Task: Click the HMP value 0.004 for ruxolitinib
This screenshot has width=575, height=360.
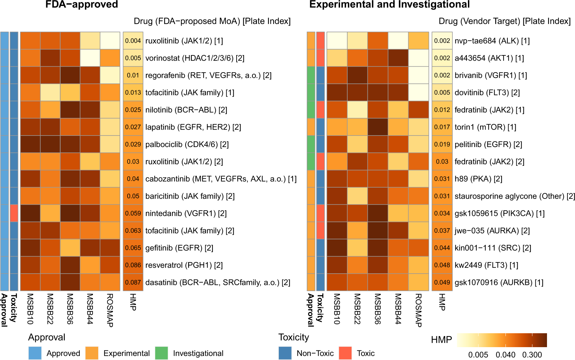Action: click(133, 41)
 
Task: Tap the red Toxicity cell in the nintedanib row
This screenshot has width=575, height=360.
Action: click(14, 213)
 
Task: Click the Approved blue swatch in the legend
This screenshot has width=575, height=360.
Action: click(35, 353)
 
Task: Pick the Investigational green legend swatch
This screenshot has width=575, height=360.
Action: click(161, 353)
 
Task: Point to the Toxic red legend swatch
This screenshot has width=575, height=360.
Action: click(345, 353)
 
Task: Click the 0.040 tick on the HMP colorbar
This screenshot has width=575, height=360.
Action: click(505, 355)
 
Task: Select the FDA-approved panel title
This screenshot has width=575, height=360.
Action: click(82, 5)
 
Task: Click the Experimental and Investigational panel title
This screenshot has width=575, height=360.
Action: click(389, 5)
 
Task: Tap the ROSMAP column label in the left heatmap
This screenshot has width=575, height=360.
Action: click(110, 310)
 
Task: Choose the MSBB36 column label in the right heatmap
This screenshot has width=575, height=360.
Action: click(378, 309)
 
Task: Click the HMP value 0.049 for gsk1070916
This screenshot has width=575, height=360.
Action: click(442, 283)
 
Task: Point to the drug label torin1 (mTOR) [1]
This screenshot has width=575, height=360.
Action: click(485, 127)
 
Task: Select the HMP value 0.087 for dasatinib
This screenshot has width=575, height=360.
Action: click(133, 283)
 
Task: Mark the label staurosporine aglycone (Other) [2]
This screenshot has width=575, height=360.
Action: click(515, 196)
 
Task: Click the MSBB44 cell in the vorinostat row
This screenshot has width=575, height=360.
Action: click(90, 58)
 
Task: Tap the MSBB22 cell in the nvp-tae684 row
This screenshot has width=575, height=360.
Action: click(357, 41)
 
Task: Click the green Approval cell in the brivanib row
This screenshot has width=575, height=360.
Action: click(311, 75)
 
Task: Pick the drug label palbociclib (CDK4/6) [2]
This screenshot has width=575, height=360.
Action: click(187, 144)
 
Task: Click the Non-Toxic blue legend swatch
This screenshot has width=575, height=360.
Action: click(285, 353)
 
